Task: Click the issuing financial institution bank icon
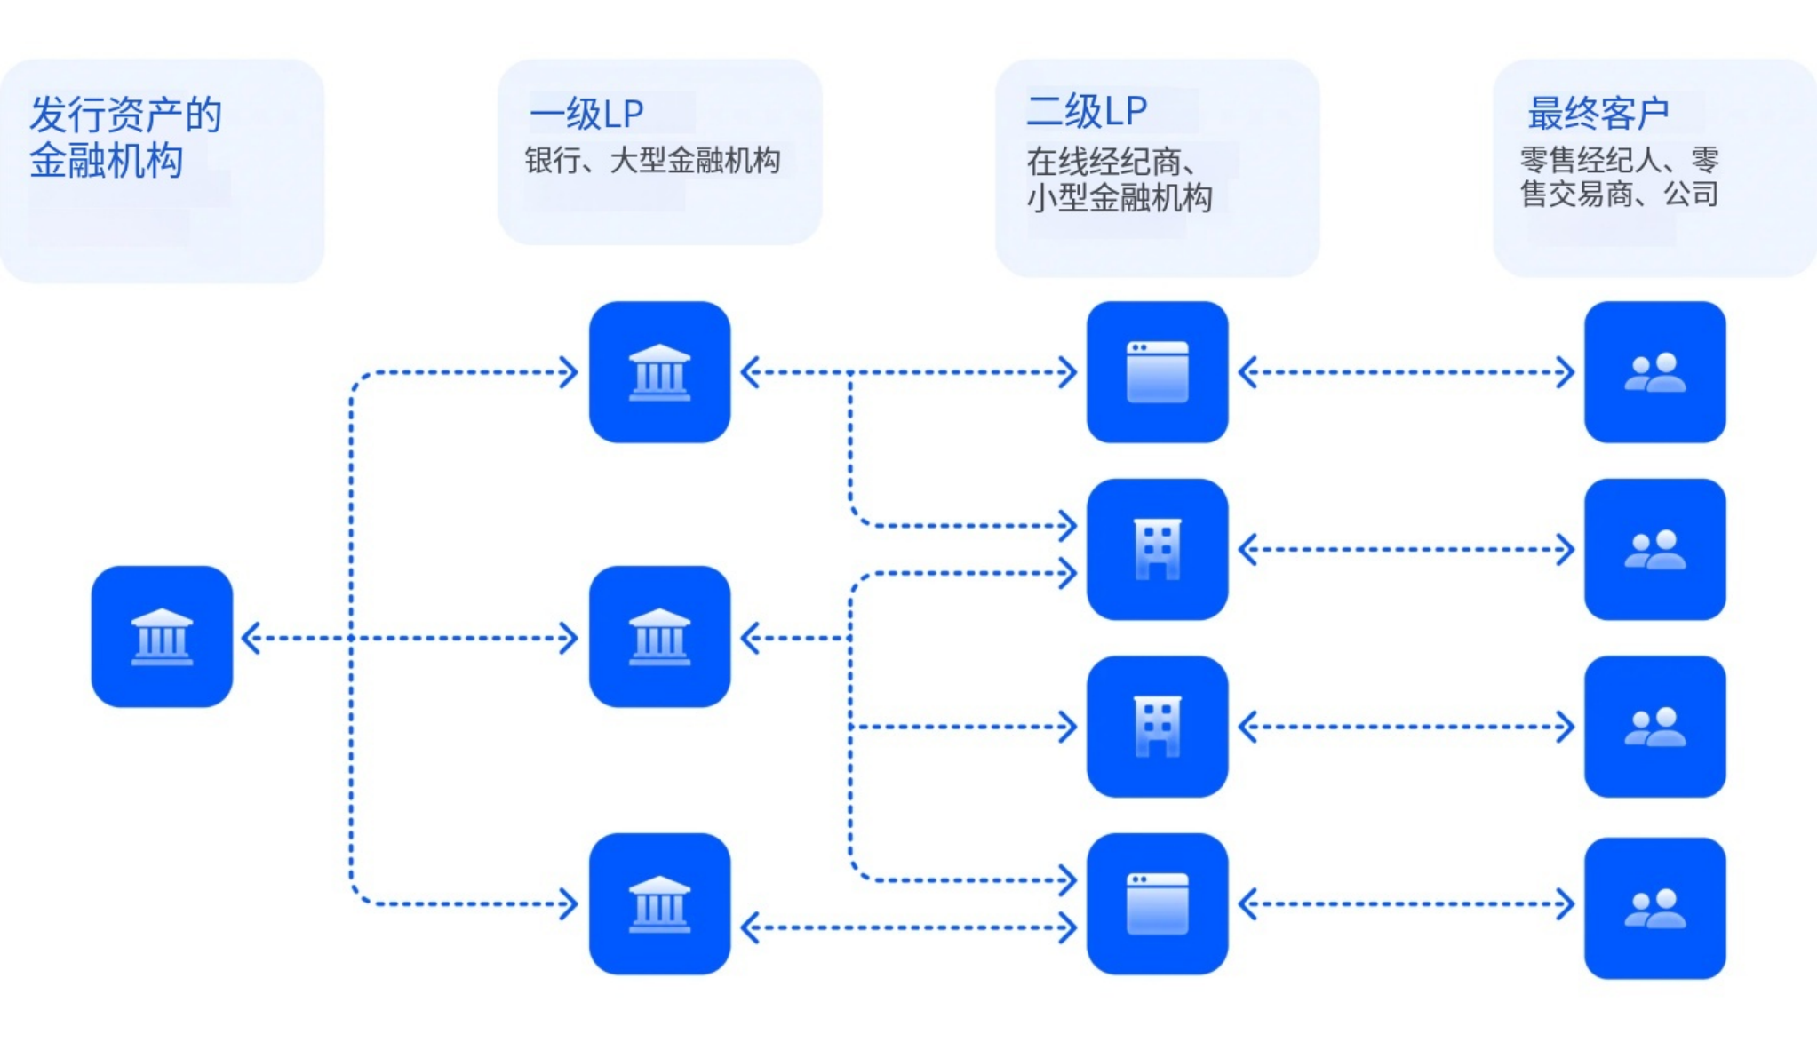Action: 162,636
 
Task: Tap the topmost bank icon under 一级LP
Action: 659,371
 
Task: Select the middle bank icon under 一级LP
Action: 659,636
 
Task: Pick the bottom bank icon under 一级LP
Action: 659,903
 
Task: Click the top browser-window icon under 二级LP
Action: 1157,371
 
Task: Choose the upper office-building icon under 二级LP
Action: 1157,549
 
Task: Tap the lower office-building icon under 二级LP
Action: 1157,726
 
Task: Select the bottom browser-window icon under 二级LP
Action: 1157,903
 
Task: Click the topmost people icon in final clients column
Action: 1654,371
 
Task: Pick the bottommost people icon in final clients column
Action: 1654,908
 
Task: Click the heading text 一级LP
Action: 586,114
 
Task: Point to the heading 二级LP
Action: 1086,112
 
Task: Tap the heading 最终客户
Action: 1598,114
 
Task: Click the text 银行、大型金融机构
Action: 652,161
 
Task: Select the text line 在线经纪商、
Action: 1111,162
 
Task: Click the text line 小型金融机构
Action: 1120,197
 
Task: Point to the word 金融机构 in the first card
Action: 107,161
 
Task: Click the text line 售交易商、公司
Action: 1619,194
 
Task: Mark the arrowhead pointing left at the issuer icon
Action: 251,638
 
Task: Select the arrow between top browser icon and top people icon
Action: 1406,372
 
